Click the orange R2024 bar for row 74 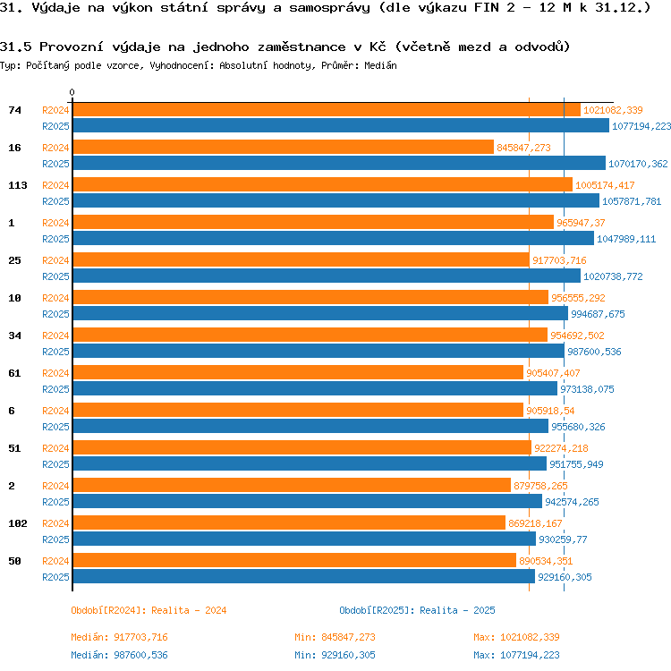(327, 109)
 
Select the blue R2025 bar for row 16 (339, 163)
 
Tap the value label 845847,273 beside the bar (523, 148)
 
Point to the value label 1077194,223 (641, 126)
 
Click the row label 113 (18, 185)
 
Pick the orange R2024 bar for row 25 (302, 259)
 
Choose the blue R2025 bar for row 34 (319, 351)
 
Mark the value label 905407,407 (553, 373)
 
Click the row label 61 (14, 373)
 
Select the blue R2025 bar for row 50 (304, 576)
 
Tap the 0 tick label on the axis (72, 92)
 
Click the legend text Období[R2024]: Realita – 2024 (149, 610)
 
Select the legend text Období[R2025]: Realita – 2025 (417, 610)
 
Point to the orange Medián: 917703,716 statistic (119, 637)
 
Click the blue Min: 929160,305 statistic (335, 655)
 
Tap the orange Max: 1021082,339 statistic (516, 637)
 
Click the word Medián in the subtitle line (380, 65)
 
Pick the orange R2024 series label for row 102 (55, 523)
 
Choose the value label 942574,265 (572, 502)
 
